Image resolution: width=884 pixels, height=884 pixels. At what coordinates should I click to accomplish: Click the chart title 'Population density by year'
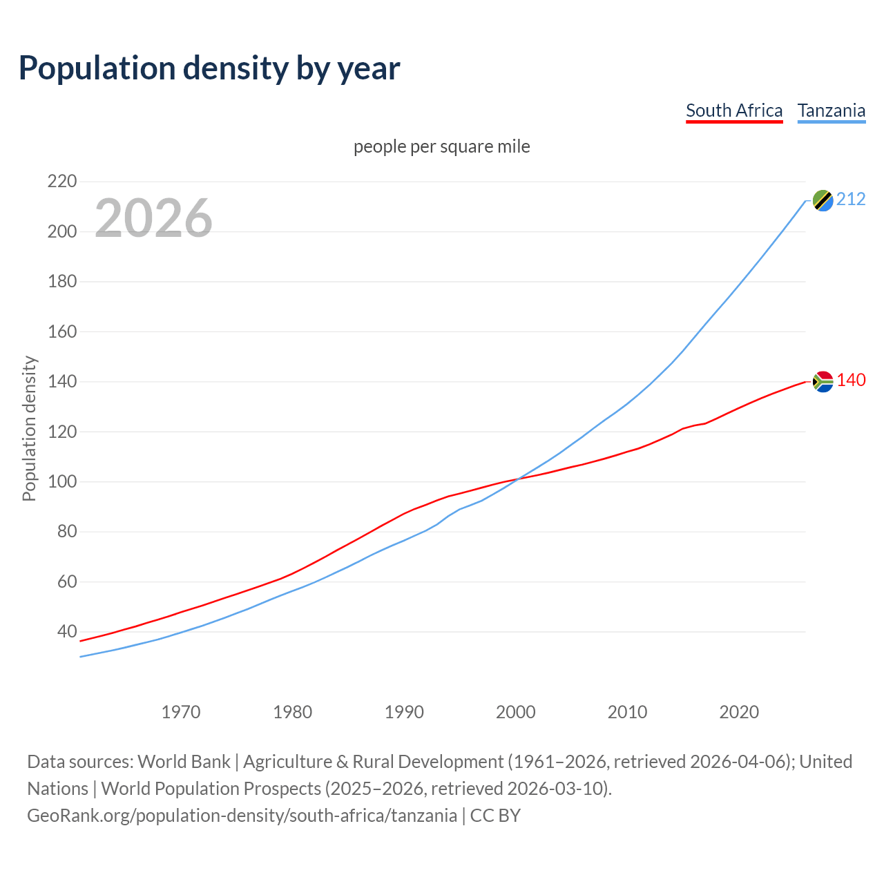(209, 68)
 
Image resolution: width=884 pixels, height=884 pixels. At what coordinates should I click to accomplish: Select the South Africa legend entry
(734, 110)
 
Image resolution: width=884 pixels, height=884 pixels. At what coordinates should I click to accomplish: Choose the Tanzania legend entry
(832, 110)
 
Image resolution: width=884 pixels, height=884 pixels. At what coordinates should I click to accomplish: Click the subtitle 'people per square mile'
(442, 147)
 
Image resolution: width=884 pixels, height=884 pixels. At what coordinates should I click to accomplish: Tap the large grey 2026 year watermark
(153, 218)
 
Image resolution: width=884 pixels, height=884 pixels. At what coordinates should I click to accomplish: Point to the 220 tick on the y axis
(62, 182)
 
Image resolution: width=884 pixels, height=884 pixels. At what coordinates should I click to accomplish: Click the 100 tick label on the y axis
(62, 481)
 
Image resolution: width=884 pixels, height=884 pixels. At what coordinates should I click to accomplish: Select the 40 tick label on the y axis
(67, 631)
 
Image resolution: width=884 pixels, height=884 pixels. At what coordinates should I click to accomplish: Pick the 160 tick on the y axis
(62, 331)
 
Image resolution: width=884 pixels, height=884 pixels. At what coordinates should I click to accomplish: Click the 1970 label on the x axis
(181, 712)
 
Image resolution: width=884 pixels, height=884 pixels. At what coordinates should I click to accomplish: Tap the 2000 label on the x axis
(516, 712)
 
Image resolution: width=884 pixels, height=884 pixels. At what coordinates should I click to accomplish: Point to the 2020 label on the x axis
(739, 712)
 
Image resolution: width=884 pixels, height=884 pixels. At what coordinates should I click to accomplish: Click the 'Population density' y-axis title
(29, 428)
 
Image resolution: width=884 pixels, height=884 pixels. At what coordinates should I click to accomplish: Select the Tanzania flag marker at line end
(823, 200)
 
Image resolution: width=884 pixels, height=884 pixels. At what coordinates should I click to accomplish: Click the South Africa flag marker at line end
(823, 381)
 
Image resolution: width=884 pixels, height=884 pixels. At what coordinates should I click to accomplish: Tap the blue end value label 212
(851, 200)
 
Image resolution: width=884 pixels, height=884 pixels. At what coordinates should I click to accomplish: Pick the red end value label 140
(851, 381)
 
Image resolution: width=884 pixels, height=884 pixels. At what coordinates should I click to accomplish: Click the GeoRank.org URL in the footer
(242, 816)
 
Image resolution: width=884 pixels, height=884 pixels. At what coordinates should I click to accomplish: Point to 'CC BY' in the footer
(495, 816)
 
